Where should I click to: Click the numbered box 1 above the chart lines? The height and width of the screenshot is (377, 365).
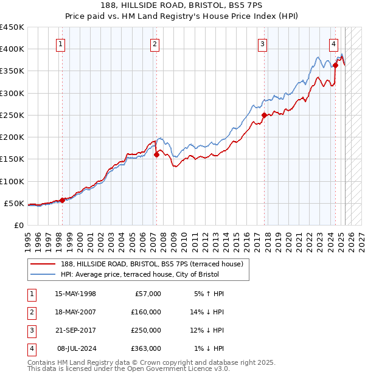click(62, 43)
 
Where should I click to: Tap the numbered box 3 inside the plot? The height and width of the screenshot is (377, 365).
click(262, 43)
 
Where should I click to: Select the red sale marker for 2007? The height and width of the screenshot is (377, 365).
click(156, 154)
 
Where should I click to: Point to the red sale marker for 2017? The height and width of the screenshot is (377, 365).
click(264, 115)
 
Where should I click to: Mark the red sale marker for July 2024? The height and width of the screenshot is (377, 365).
click(335, 65)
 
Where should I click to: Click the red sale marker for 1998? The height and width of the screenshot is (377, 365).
click(63, 200)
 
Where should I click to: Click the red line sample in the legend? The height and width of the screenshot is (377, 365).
click(43, 264)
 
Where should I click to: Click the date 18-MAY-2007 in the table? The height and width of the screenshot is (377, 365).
click(75, 312)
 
